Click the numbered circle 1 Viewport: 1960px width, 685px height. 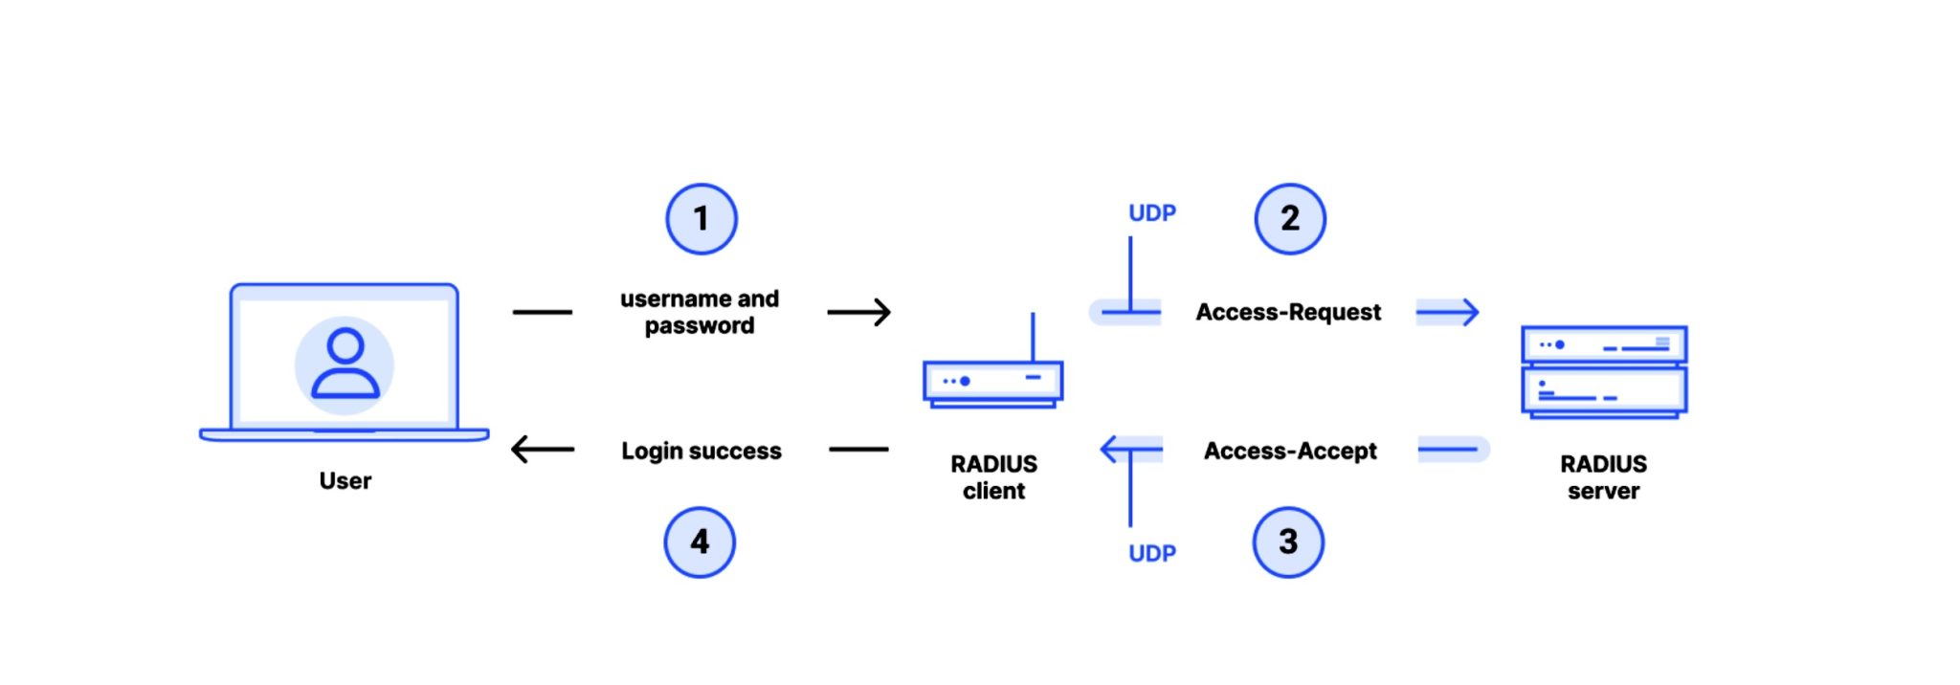(x=702, y=219)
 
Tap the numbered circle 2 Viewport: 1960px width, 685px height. (x=1290, y=219)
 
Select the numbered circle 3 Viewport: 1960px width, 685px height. (x=1288, y=542)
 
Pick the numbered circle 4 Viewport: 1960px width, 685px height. (x=700, y=542)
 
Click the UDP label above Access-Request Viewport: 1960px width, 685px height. (x=1151, y=213)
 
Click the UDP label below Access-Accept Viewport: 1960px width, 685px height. (x=1151, y=554)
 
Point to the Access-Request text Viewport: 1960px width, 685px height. (x=1288, y=312)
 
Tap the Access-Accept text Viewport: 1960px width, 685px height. (x=1290, y=451)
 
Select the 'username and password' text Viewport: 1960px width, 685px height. (x=700, y=312)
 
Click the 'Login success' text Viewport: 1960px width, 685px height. (x=702, y=451)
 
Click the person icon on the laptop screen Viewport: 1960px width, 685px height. (x=345, y=364)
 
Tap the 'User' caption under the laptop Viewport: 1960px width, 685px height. (x=345, y=480)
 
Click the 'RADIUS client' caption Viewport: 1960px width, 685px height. (x=993, y=477)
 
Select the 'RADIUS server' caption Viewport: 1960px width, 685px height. (x=1603, y=477)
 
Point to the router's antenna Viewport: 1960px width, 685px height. (x=1033, y=336)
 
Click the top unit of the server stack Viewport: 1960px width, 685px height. (x=1604, y=344)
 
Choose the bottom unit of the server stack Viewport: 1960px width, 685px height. (x=1604, y=390)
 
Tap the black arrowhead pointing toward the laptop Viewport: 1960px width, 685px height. (x=522, y=449)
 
